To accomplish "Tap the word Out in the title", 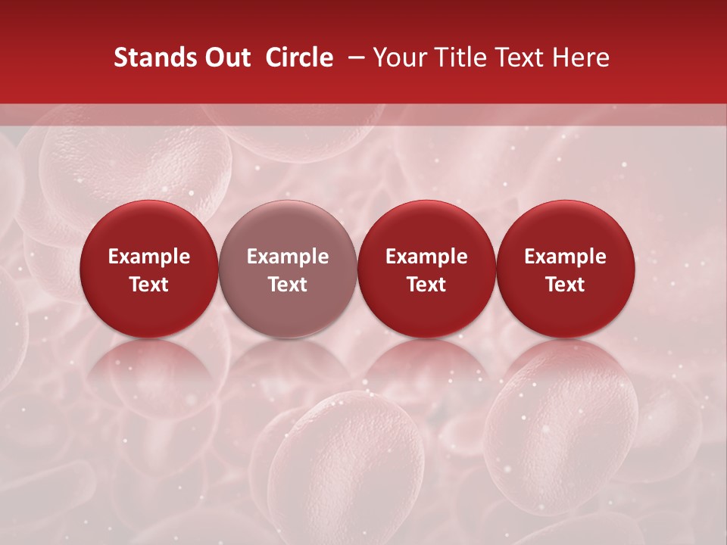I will tap(227, 58).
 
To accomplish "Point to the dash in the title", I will tap(354, 58).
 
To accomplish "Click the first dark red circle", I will tap(149, 269).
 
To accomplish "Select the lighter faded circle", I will tap(288, 269).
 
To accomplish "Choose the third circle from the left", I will tap(426, 269).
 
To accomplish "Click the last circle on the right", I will tap(565, 269).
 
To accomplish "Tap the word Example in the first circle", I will tap(149, 257).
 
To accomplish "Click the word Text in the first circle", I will tap(149, 285).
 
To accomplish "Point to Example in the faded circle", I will tap(288, 257).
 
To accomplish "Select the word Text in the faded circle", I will tap(288, 285).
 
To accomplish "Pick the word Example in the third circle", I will tap(426, 257).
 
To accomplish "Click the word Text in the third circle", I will tap(426, 285).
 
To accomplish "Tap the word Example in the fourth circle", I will tap(565, 257).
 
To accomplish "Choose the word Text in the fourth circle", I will tap(565, 285).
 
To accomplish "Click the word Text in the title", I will tap(522, 58).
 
